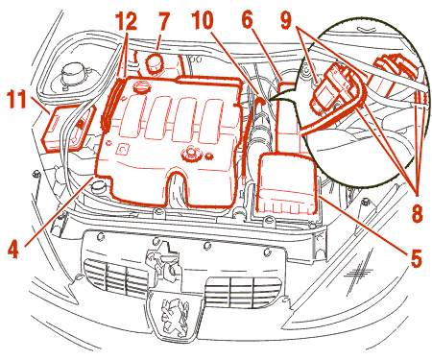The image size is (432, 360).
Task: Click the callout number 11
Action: coord(16,100)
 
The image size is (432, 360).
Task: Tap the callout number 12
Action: coord(126,21)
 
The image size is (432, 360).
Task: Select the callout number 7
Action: coord(163,22)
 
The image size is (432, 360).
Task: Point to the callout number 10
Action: coord(203,20)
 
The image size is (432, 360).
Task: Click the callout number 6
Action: coord(248,20)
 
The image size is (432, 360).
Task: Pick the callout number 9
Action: coord(287,20)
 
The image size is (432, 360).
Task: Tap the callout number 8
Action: coord(418,213)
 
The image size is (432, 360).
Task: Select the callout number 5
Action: coord(417,258)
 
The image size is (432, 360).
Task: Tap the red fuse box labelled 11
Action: coord(68,128)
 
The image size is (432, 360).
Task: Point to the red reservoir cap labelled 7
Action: coord(155,63)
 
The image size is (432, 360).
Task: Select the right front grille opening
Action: coord(243,291)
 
